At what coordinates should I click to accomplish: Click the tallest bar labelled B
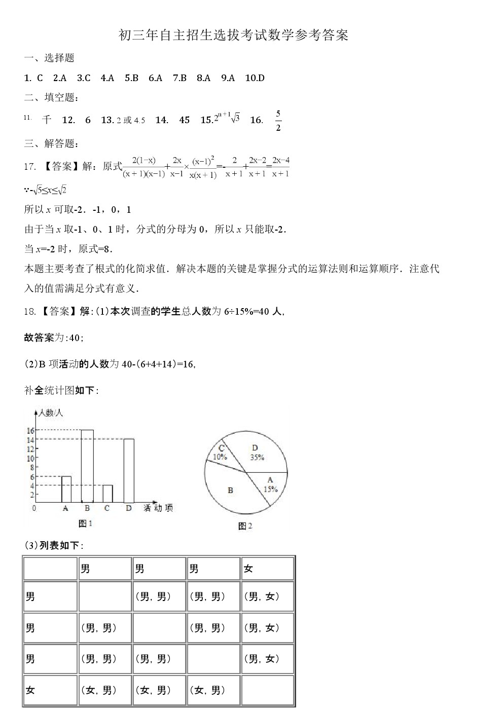87,465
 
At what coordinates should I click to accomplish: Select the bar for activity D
129,470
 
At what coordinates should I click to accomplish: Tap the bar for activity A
66,489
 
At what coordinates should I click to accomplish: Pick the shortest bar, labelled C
107,494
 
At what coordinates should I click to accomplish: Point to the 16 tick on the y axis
30,431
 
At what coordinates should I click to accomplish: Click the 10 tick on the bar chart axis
30,459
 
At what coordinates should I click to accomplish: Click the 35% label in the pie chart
257,457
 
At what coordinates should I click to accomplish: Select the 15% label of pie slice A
270,489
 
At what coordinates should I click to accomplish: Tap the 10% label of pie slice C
220,457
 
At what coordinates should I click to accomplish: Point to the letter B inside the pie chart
231,491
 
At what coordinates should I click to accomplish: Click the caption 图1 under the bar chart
86,523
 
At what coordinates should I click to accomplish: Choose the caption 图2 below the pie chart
245,526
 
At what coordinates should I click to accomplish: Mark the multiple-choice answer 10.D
255,78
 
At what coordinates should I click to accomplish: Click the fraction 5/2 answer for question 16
278,121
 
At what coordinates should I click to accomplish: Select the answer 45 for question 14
185,120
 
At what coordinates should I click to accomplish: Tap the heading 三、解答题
51,144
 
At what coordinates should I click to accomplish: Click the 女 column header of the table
248,569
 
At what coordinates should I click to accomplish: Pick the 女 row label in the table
30,690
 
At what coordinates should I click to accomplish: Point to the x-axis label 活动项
158,508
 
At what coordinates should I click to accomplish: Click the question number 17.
30,167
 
